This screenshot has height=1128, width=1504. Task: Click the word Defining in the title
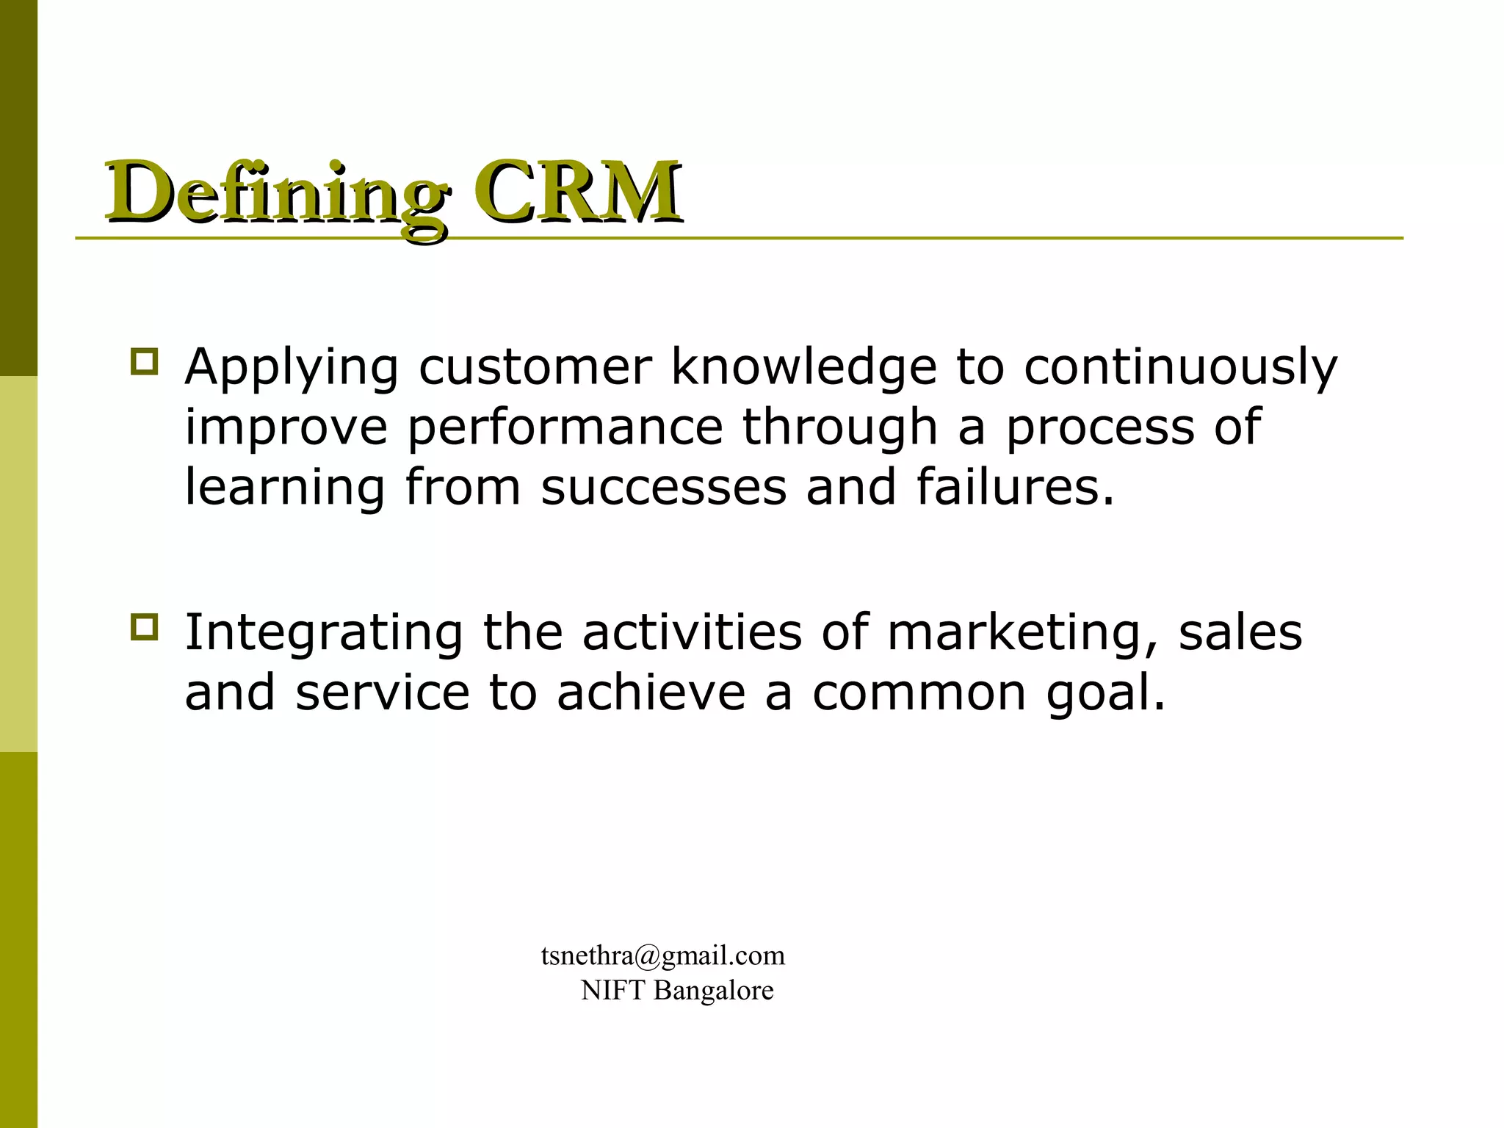point(276,192)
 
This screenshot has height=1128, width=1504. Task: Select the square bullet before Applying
point(144,362)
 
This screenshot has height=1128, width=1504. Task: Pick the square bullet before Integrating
point(144,626)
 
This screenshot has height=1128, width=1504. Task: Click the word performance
point(565,428)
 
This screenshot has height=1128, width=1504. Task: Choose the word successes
point(663,487)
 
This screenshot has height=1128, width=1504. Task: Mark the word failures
point(1015,487)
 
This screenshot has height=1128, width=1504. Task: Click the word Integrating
point(324,633)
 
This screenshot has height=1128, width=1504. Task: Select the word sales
point(1240,633)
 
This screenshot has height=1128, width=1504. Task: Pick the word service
point(382,693)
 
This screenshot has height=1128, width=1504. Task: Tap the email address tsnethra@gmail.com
point(663,955)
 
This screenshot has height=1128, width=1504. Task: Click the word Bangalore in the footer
point(713,991)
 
